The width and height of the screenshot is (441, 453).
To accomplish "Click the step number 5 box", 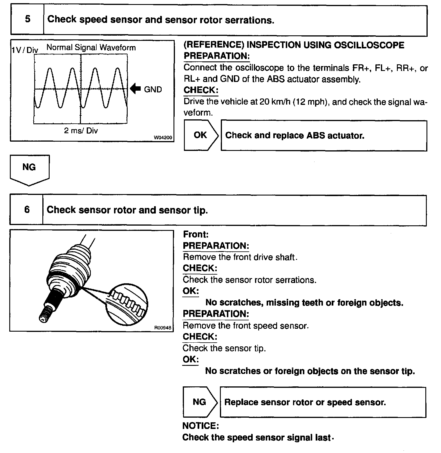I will coord(27,19).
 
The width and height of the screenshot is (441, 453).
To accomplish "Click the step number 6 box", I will coord(27,210).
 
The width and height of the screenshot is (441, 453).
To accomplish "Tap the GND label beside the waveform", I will coord(153,89).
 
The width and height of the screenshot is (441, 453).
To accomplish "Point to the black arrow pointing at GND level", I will coord(135,89).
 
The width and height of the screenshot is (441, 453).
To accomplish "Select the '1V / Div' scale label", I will coord(25,50).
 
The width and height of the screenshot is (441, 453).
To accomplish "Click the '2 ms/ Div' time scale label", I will coord(81,131).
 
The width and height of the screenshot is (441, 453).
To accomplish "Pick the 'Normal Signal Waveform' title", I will coord(91,48).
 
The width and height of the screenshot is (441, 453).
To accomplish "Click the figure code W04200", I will coord(163,138).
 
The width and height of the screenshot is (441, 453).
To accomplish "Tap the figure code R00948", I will coord(163,328).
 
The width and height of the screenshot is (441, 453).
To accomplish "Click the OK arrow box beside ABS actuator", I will coord(200,135).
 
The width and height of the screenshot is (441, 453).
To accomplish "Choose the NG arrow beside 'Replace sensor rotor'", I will coord(200,402).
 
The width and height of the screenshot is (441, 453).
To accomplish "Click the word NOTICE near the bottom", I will coord(200,426).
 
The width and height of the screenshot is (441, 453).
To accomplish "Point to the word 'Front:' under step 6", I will coord(196,234).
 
